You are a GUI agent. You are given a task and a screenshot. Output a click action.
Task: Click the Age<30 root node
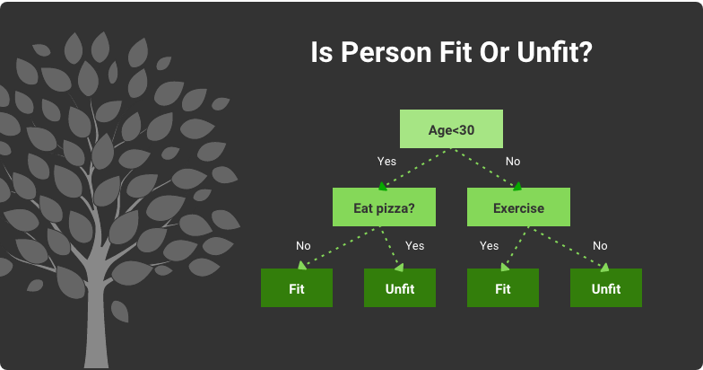pyautogui.click(x=451, y=129)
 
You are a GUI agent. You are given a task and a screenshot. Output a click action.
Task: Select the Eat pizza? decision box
pyautogui.click(x=384, y=207)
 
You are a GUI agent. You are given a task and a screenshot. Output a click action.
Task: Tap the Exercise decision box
pyautogui.click(x=518, y=207)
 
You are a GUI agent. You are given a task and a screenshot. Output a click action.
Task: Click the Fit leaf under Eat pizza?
pyautogui.click(x=297, y=288)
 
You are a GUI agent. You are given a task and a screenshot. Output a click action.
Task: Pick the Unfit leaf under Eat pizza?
pyautogui.click(x=399, y=288)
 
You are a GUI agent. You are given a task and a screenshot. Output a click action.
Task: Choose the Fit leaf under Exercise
pyautogui.click(x=503, y=288)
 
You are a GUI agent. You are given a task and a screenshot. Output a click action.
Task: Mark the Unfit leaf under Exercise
pyautogui.click(x=605, y=288)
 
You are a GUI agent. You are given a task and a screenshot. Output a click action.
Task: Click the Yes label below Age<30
pyautogui.click(x=387, y=162)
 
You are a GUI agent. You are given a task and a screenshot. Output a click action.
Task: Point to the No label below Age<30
pyautogui.click(x=513, y=162)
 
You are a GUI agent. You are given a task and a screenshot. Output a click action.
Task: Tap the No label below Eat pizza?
pyautogui.click(x=304, y=245)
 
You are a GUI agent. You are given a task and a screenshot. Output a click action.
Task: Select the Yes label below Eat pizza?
pyautogui.click(x=414, y=245)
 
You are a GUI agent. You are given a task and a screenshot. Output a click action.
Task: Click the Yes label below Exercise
pyautogui.click(x=489, y=245)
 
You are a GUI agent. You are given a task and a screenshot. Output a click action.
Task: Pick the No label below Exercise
pyautogui.click(x=600, y=245)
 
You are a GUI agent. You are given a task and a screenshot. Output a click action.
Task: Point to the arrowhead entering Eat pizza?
pyautogui.click(x=383, y=187)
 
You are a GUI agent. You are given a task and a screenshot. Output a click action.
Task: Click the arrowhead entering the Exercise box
pyautogui.click(x=517, y=187)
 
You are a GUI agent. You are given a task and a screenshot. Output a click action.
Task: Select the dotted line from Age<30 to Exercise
pyautogui.click(x=489, y=168)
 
